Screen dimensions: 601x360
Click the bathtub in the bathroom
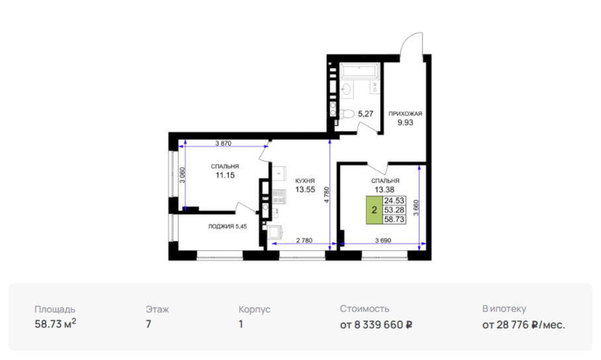click(360, 71)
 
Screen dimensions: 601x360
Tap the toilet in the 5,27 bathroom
click(346, 114)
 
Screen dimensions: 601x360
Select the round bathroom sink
click(346, 89)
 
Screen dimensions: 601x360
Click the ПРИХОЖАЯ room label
click(405, 113)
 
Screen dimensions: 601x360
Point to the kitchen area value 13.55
click(305, 189)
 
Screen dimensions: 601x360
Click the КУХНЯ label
click(305, 181)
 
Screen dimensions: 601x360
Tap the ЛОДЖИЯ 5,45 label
click(227, 226)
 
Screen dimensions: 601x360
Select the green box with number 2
click(375, 210)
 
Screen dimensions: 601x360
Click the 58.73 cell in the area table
click(394, 220)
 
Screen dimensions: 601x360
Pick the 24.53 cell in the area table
click(394, 201)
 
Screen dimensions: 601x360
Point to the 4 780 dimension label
click(326, 195)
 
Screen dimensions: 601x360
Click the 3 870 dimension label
click(223, 144)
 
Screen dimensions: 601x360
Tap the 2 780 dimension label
click(304, 240)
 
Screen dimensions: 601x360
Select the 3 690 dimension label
click(383, 240)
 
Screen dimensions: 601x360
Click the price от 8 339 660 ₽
click(376, 325)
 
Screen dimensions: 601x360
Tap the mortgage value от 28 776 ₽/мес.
click(524, 325)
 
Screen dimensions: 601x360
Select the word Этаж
click(157, 310)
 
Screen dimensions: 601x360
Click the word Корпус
click(254, 310)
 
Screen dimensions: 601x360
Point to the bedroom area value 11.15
click(225, 175)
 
